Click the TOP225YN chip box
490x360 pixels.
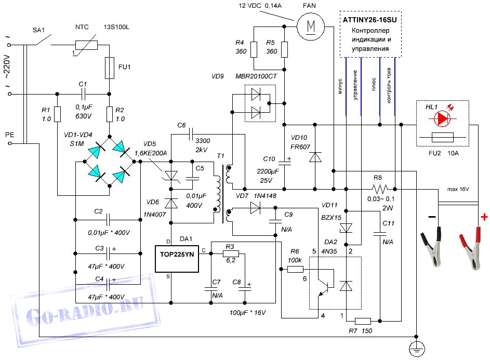click(x=177, y=259)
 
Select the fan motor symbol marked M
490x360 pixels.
click(x=311, y=26)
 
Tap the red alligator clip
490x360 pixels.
click(x=470, y=248)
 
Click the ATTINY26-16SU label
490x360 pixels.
click(x=369, y=20)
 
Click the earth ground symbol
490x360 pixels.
click(x=417, y=349)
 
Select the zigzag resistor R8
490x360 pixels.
click(x=380, y=190)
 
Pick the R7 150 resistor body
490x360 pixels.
click(x=363, y=321)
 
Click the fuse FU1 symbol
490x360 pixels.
click(x=109, y=68)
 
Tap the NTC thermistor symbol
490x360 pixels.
click(x=86, y=46)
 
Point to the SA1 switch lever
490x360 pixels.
click(x=43, y=40)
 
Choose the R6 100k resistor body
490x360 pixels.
click(x=295, y=269)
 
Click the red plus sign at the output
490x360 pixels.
click(x=484, y=217)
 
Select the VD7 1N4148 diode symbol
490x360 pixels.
click(x=255, y=208)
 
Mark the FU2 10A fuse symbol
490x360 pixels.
click(x=442, y=137)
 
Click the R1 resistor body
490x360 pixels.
click(x=57, y=114)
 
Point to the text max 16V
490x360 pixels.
click(x=458, y=189)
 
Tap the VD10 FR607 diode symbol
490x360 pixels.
click(x=315, y=157)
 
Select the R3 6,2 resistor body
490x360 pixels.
click(x=231, y=254)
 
